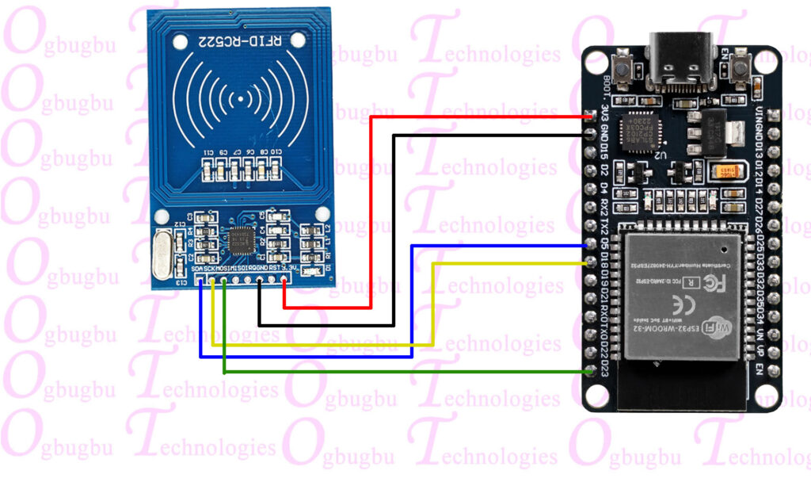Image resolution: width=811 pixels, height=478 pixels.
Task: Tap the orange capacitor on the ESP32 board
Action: [728, 172]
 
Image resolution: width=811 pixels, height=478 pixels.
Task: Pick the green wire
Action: [396, 371]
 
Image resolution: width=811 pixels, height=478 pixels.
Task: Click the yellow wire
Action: [317, 346]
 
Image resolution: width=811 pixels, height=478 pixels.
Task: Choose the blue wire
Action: [317, 356]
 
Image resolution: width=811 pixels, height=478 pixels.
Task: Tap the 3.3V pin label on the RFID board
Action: [294, 270]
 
